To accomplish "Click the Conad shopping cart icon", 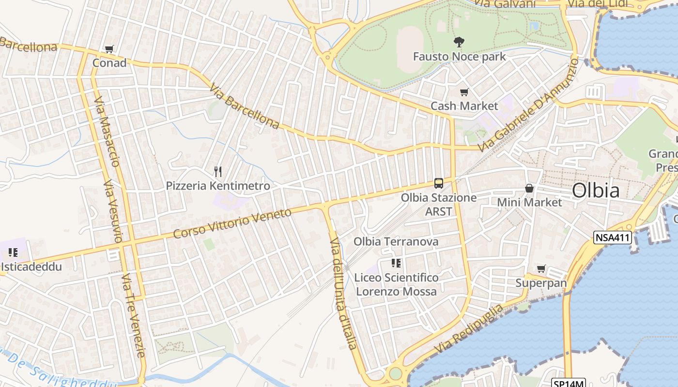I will [x=109, y=49].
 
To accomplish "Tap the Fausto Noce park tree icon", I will [x=459, y=42].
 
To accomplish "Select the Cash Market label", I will [x=464, y=106].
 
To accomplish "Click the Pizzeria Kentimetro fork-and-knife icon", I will [x=218, y=171].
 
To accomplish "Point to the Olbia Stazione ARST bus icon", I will [x=439, y=183].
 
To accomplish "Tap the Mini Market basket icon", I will [x=529, y=188].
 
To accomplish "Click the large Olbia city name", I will [x=595, y=191].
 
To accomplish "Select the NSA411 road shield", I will [x=613, y=238].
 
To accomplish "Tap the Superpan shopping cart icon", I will [x=541, y=268].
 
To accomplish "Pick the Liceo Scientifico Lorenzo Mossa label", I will [x=396, y=284].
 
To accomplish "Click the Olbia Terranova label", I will [x=396, y=241].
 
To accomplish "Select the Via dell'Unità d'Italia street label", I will [x=343, y=293].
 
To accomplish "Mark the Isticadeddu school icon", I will [x=13, y=253].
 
